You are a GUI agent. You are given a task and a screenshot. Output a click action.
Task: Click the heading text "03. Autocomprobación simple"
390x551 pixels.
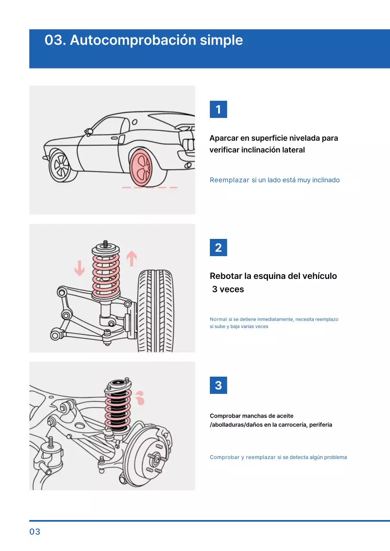tap(144, 40)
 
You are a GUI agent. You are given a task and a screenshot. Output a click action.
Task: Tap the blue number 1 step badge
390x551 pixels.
tap(218, 109)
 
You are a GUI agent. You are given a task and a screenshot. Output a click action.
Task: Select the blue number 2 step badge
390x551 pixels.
tap(218, 248)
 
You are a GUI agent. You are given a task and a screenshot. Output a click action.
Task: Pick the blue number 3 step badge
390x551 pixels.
tap(218, 385)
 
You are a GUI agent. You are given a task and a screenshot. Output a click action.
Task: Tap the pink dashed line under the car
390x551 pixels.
tap(150, 188)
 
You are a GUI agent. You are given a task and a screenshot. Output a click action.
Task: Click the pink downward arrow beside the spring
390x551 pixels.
tap(79, 268)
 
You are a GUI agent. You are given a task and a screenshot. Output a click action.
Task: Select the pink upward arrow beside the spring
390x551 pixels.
tap(131, 259)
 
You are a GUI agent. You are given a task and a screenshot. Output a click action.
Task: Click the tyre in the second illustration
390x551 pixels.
tap(156, 310)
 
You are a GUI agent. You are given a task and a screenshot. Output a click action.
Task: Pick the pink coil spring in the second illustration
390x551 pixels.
tap(106, 273)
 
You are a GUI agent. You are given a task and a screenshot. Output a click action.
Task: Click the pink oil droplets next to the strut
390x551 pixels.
tap(139, 398)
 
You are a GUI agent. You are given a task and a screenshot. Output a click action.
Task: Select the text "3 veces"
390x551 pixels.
tap(228, 289)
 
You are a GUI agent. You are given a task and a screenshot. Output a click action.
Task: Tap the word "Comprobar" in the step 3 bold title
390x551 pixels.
tap(225, 416)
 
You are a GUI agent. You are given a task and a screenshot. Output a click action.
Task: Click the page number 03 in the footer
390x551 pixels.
tap(35, 532)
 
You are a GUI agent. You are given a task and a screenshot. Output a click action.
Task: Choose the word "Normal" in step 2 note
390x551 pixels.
tap(218, 319)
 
